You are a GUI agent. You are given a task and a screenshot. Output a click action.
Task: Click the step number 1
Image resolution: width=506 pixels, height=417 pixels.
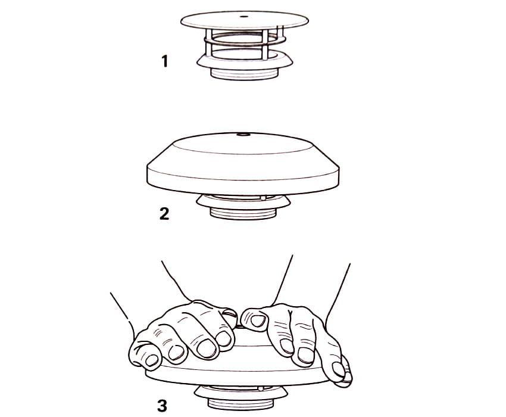pyautogui.click(x=165, y=61)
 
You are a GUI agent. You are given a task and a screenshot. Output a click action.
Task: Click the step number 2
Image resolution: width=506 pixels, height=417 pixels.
pyautogui.click(x=164, y=213)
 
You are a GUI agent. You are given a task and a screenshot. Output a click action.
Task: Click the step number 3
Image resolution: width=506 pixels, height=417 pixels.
pyautogui.click(x=163, y=406)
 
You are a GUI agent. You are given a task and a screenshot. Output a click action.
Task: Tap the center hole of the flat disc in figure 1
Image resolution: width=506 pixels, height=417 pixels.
pyautogui.click(x=244, y=17)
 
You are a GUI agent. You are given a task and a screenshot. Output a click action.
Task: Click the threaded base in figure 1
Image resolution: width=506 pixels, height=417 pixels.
pyautogui.click(x=244, y=74)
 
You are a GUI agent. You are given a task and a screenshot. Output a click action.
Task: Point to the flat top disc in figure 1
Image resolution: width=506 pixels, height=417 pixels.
pyautogui.click(x=244, y=20)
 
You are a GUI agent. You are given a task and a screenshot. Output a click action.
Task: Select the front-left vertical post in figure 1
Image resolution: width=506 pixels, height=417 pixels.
pyautogui.click(x=208, y=44)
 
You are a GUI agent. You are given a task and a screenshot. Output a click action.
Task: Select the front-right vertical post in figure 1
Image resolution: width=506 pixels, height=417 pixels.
pyautogui.click(x=265, y=45)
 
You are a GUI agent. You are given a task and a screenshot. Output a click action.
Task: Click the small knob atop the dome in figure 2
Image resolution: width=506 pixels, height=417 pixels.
pyautogui.click(x=243, y=134)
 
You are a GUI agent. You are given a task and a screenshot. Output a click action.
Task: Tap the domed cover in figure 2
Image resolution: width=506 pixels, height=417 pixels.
pyautogui.click(x=243, y=163)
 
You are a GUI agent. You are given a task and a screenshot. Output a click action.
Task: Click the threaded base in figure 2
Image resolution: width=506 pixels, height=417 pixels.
pyautogui.click(x=243, y=213)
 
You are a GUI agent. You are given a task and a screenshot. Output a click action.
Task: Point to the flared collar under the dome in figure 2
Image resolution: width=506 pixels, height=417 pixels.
pyautogui.click(x=243, y=203)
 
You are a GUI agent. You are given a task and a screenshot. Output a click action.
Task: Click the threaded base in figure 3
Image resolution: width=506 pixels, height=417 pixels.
pyautogui.click(x=240, y=404)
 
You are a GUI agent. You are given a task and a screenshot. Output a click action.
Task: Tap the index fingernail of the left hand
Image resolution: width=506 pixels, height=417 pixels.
pyautogui.click(x=223, y=339)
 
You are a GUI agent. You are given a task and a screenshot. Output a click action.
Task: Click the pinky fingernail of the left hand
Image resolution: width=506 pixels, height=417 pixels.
pyautogui.click(x=152, y=360)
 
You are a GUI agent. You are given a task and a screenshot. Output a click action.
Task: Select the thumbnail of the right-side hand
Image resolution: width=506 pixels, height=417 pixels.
pyautogui.click(x=258, y=320)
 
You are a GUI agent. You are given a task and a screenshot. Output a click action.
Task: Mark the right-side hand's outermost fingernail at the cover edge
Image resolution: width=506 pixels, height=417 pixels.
pyautogui.click(x=339, y=369)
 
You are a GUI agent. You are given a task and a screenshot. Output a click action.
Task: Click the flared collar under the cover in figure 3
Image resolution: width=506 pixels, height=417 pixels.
pyautogui.click(x=240, y=393)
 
